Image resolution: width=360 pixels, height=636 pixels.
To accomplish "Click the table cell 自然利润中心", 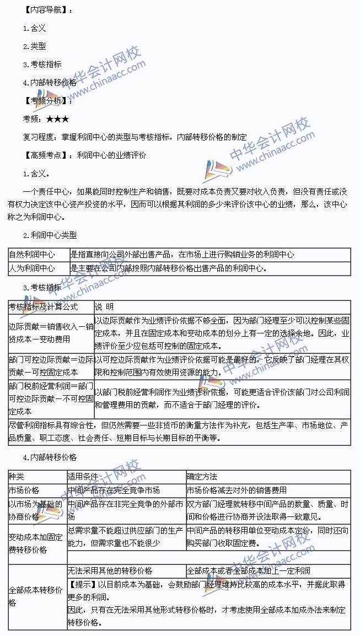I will [x=32, y=255].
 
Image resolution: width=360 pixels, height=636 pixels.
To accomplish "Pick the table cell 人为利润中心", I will [x=32, y=268].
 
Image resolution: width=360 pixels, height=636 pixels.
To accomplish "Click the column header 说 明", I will [x=104, y=306].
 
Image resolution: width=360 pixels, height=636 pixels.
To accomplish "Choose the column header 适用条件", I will [x=82, y=476].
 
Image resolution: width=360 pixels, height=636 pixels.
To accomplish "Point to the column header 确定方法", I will [x=202, y=476].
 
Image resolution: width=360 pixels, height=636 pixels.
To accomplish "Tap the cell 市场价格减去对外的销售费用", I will [x=237, y=490].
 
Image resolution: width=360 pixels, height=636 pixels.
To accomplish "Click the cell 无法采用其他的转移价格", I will [x=110, y=570].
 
